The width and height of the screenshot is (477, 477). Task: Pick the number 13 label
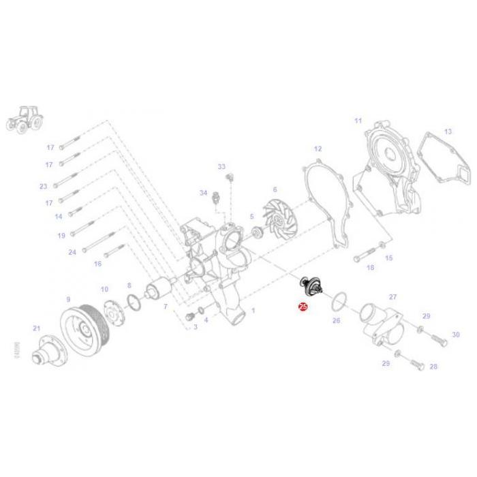tap(448, 131)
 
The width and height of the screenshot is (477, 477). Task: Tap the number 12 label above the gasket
tap(318, 148)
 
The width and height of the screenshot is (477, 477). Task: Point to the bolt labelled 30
tap(435, 335)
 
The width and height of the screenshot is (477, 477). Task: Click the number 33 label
tap(221, 166)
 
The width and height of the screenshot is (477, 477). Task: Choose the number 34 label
tap(203, 193)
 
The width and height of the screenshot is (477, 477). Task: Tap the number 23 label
tap(44, 186)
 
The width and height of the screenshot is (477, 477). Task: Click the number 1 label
tap(253, 310)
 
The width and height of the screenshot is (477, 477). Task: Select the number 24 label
tap(72, 251)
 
